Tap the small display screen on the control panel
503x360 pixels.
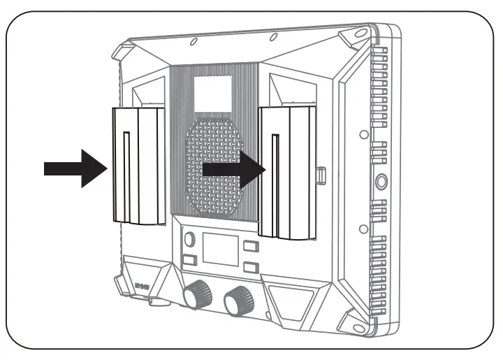pyautogui.click(x=220, y=249)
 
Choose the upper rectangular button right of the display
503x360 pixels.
pyautogui.click(x=251, y=245)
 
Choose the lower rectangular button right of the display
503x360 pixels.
pyautogui.click(x=251, y=267)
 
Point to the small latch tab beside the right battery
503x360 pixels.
pyautogui.click(x=321, y=175)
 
